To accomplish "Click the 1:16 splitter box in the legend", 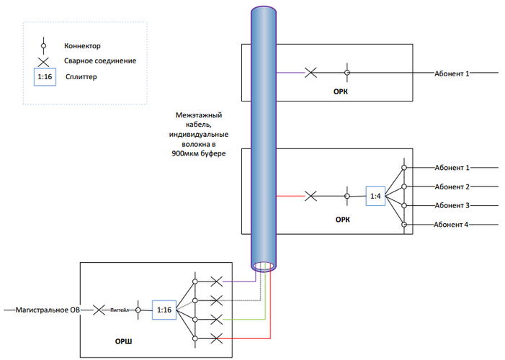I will point(44,76).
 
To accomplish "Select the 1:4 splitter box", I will point(375,195).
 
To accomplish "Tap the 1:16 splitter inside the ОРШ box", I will point(164,310).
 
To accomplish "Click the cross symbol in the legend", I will point(43,60).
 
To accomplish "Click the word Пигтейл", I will point(119,310).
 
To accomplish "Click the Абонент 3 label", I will point(452,205).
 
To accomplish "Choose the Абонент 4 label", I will point(452,225).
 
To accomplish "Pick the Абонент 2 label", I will point(452,186).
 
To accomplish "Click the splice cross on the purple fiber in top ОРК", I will point(310,73).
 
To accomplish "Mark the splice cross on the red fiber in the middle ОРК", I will point(310,195).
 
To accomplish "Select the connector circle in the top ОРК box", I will point(347,73).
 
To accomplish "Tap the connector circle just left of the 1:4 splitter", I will point(347,195).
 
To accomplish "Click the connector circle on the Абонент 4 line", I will point(404,225).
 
